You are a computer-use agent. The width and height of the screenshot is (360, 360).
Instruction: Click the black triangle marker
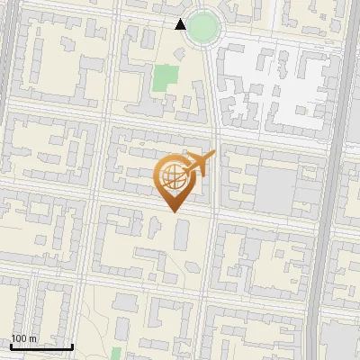click(x=181, y=24)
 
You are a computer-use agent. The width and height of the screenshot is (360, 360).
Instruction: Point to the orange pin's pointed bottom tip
click(x=175, y=211)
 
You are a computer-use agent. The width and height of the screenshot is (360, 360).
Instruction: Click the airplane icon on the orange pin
click(x=198, y=164)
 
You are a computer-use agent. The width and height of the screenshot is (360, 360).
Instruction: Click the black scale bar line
click(x=41, y=346)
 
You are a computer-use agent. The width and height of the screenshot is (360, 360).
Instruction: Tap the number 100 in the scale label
click(x=20, y=339)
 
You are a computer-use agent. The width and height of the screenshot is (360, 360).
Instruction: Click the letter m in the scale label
click(x=33, y=339)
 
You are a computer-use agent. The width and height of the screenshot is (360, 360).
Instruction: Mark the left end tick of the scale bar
click(x=11, y=345)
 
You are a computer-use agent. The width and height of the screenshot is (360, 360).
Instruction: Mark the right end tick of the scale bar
click(x=72, y=345)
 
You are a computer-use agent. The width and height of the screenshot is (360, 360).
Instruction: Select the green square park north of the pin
click(x=164, y=78)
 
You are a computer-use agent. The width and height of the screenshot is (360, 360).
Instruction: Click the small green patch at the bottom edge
click(x=116, y=353)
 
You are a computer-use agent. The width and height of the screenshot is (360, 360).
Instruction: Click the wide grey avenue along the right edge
click(x=343, y=180)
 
